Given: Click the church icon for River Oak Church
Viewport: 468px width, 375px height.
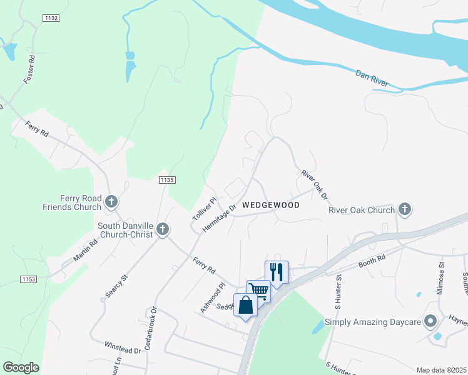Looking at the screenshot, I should tap(404, 210).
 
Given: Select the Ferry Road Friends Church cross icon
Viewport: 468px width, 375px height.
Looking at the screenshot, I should tap(111, 201).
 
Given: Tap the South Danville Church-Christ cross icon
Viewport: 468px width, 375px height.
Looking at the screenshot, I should tap(163, 229).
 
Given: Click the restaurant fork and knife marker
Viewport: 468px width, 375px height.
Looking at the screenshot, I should tap(277, 271).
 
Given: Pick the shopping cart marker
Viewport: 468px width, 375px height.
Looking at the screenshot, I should tap(258, 289).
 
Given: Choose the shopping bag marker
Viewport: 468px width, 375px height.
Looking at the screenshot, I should tap(245, 304).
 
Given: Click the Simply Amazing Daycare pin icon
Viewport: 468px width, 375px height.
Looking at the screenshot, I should tap(430, 322).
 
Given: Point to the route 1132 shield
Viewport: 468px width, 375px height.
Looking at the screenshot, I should tap(51, 19).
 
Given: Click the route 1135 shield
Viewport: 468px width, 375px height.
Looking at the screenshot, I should tap(166, 180).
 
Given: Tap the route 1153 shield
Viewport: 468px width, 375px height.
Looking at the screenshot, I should tap(29, 279).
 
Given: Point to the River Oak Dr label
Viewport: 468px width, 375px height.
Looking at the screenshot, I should tap(315, 185).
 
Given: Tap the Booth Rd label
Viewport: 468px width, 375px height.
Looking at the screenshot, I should tap(372, 261).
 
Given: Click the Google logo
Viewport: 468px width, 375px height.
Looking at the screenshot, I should tap(21, 367).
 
